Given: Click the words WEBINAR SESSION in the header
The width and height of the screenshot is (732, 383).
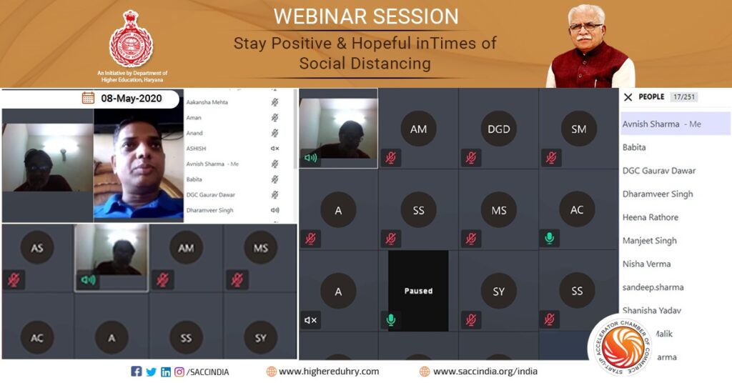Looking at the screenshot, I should pos(365,16).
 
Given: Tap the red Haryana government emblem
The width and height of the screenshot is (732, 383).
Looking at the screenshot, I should pos(131,39).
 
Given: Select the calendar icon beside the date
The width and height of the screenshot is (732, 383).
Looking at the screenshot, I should pos(88,98).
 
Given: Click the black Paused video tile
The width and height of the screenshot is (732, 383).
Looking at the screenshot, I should pos(418,291).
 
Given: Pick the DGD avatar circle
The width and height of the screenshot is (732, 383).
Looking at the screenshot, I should pos(499,129).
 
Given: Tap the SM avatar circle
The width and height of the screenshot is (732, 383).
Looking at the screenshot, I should pos(578,129).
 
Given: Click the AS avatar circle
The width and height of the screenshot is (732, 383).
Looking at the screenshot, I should pos(37,248).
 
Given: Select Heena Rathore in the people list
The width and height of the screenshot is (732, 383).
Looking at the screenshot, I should pos(650,217).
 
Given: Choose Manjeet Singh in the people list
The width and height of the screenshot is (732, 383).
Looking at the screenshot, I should pos(649,241).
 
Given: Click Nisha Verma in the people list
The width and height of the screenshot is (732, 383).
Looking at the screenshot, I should pos(646,264).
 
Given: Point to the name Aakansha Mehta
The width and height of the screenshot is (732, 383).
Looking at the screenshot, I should pos(207,102).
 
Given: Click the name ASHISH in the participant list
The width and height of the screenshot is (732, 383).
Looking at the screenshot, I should pos(196,149).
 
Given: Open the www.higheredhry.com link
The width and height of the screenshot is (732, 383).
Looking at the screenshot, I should pos(329,372).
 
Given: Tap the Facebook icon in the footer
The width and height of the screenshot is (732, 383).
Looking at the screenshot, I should pos(137,372).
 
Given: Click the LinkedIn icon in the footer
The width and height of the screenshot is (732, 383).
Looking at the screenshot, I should pos(166,372).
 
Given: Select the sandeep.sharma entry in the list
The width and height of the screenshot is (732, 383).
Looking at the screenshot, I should pos(653,287).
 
